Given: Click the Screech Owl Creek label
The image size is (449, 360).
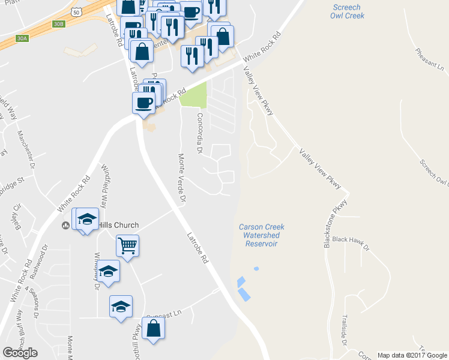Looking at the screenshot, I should coord(345,11).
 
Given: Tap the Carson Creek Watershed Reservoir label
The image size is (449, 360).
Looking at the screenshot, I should coord(261,235).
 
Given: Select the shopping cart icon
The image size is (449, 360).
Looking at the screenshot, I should coord(128,245).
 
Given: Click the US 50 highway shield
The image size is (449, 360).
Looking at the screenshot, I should coord(75,11).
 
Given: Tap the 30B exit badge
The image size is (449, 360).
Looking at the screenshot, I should coord(58,24).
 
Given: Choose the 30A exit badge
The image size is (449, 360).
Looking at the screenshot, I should coord(22,38).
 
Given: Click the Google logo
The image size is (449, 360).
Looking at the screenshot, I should coord(20,353).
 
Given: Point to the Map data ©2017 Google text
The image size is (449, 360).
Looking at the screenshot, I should coord(412,355).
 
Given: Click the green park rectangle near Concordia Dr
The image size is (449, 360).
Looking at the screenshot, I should coord(194,95).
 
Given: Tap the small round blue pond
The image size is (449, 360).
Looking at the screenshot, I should coord(256,269).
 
